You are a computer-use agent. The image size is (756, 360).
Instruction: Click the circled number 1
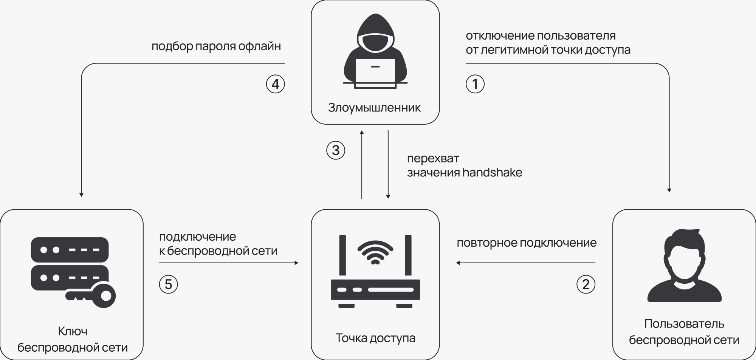tap(475, 84)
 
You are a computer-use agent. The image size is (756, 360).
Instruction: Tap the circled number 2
tap(586, 284)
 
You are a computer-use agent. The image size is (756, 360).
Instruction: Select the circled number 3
tap(336, 150)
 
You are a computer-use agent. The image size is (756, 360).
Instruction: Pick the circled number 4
tap(275, 84)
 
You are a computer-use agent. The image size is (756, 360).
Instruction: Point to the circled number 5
tap(168, 284)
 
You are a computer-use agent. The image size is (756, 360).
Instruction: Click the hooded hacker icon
tap(375, 51)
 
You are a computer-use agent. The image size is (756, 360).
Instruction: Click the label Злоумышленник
tap(374, 108)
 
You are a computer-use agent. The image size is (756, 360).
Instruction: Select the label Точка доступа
tap(375, 338)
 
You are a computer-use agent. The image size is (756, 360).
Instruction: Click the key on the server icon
tap(93, 295)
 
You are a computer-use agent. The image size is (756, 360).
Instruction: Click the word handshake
tap(492, 173)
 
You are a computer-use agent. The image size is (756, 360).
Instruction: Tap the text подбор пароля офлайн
tap(216, 46)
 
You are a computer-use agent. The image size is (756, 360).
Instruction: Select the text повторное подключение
tap(527, 243)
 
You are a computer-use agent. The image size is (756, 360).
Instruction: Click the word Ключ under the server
tap(73, 331)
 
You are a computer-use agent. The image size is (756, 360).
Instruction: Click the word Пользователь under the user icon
tap(684, 324)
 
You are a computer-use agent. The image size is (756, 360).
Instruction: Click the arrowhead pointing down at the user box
tap(669, 190)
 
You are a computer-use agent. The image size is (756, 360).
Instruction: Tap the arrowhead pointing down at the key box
tap(81, 195)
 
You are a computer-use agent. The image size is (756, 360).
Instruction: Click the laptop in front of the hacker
tap(375, 74)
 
